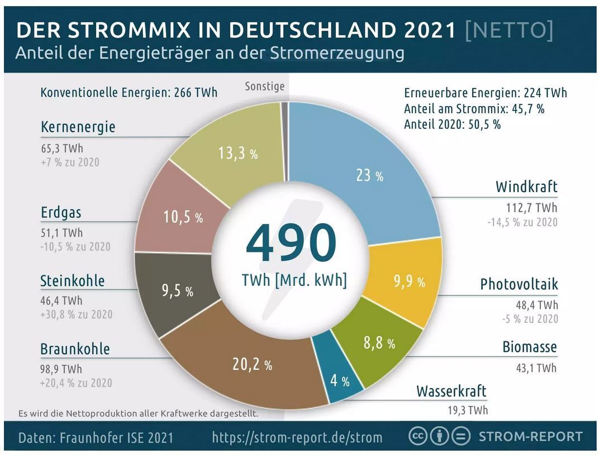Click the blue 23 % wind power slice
click(369, 168)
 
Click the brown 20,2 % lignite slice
click(251, 366)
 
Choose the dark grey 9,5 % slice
click(176, 290)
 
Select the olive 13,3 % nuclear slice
click(235, 151)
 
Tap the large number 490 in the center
click(291, 243)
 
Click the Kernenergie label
click(78, 127)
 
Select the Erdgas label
click(61, 213)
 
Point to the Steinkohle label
click(72, 280)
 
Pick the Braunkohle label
click(75, 350)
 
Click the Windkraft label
click(526, 187)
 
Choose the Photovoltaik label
click(519, 285)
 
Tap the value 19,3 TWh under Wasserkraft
click(467, 410)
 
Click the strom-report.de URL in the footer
click(297, 437)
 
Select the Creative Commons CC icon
click(418, 436)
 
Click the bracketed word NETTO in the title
click(509, 30)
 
